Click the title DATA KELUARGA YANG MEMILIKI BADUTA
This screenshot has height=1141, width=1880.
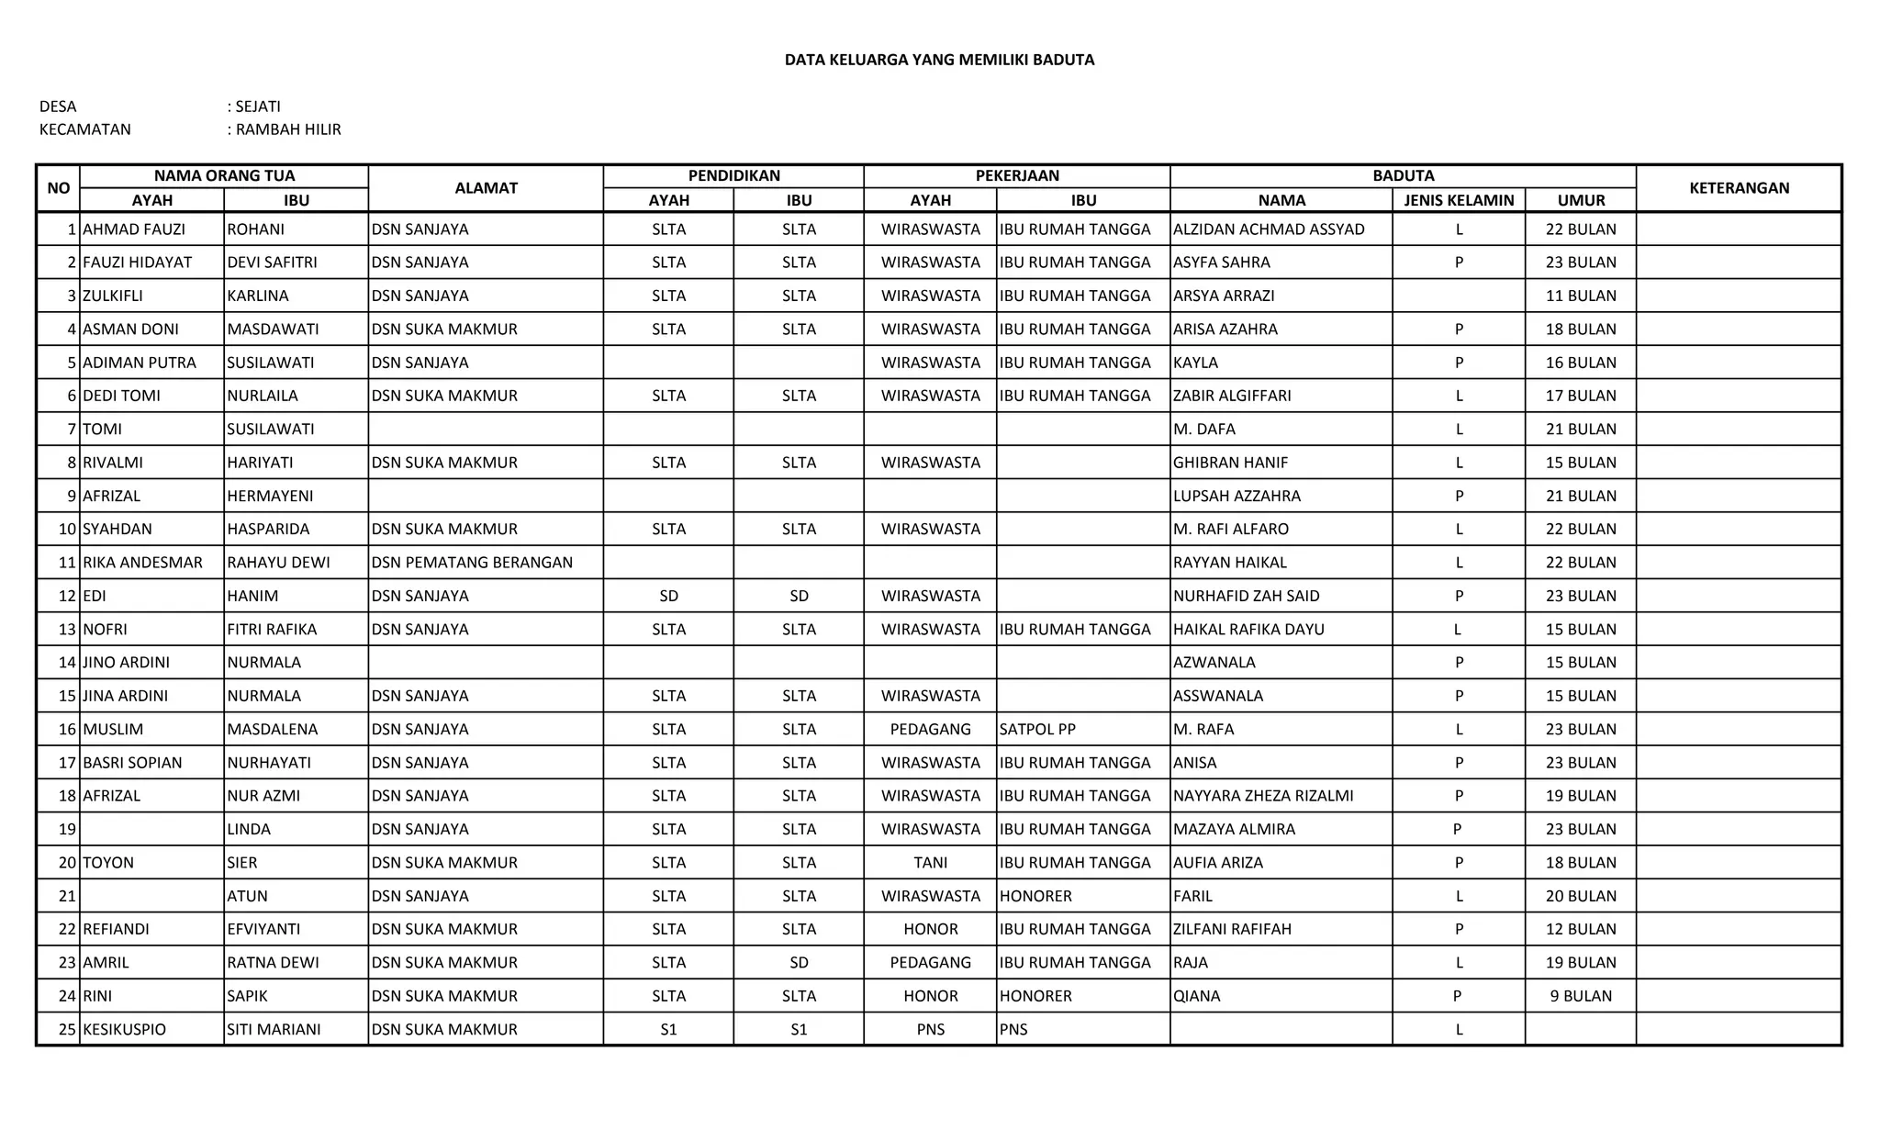[x=939, y=61]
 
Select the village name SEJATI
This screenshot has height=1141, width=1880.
[x=258, y=106]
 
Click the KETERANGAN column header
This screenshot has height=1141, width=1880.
[x=1739, y=188]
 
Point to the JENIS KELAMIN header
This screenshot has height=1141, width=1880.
[x=1459, y=200]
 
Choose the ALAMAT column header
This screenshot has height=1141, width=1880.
[x=486, y=188]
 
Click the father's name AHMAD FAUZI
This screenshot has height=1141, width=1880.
[x=134, y=229]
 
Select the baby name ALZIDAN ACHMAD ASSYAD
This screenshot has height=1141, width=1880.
[x=1269, y=229]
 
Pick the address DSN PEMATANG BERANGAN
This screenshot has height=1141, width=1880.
[x=472, y=563]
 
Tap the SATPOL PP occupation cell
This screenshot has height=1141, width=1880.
[x=1037, y=730]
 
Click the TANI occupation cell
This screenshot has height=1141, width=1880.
[x=930, y=863]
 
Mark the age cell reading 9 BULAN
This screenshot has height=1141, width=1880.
[x=1581, y=996]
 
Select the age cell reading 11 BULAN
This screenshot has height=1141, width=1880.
[x=1581, y=296]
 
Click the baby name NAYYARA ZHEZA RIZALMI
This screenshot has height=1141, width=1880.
[x=1263, y=796]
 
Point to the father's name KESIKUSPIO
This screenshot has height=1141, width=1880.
[x=125, y=1030]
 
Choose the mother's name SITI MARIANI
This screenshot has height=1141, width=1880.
[x=274, y=1030]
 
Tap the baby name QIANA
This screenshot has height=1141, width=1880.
[x=1197, y=996]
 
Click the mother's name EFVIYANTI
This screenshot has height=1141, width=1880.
[x=263, y=929]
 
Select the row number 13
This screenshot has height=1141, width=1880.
[x=66, y=630]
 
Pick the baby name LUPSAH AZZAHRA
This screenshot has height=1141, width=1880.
[x=1237, y=496]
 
